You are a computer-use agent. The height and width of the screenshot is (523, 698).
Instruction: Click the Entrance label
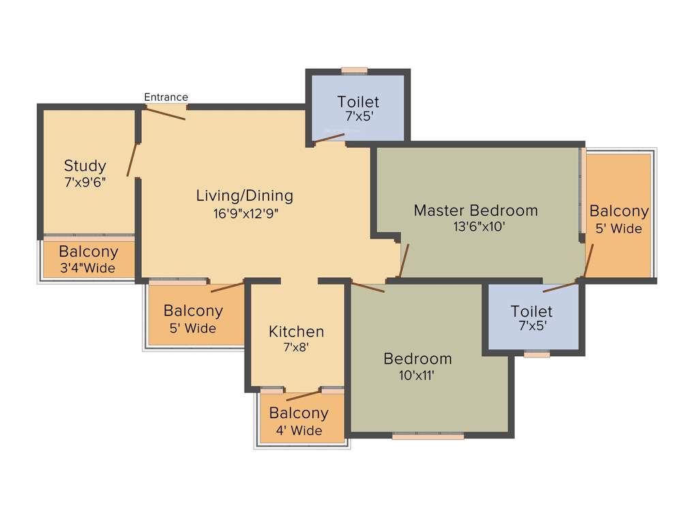pyautogui.click(x=166, y=97)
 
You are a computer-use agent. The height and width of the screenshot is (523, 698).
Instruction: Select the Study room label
pyautogui.click(x=85, y=165)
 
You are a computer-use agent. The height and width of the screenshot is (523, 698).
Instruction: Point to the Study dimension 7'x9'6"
pyautogui.click(x=85, y=182)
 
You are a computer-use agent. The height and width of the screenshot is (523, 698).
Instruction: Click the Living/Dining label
pyautogui.click(x=245, y=196)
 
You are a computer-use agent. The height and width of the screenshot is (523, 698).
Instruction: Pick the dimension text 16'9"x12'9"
pyautogui.click(x=245, y=212)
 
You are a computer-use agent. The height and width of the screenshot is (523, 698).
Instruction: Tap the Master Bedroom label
pyautogui.click(x=476, y=210)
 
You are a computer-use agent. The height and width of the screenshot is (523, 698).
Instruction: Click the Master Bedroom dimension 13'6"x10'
pyautogui.click(x=476, y=227)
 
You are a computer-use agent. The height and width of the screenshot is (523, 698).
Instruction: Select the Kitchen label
pyautogui.click(x=297, y=332)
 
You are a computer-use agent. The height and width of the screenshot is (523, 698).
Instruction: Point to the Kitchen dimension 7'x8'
pyautogui.click(x=297, y=347)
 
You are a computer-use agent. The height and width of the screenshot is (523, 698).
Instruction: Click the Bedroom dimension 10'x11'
pyautogui.click(x=417, y=375)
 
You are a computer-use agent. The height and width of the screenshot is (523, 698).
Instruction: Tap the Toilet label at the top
pyautogui.click(x=358, y=102)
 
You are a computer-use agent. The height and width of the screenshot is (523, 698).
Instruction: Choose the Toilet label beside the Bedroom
pyautogui.click(x=532, y=311)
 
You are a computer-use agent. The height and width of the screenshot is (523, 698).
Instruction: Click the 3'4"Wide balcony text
pyautogui.click(x=88, y=268)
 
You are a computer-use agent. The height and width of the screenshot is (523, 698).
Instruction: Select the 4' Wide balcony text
pyautogui.click(x=299, y=430)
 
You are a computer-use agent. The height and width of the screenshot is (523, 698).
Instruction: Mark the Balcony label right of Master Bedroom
pyautogui.click(x=619, y=211)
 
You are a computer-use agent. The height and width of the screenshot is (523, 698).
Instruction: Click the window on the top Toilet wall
pyautogui.click(x=354, y=70)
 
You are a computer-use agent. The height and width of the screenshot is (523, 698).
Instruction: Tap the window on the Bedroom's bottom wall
pyautogui.click(x=428, y=434)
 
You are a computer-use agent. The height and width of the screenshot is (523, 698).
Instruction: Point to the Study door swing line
pyautogui.click(x=132, y=160)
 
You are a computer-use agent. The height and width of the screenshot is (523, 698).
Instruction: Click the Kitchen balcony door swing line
pyautogui.click(x=303, y=396)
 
